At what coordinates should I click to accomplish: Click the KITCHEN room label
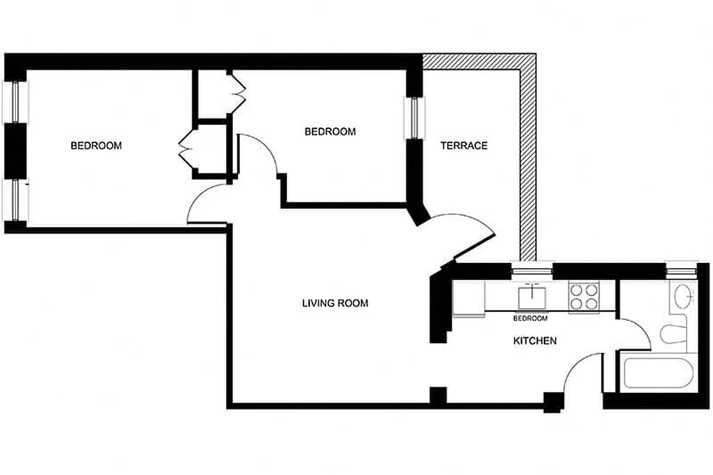(x=534, y=341)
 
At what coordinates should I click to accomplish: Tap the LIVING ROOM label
(x=335, y=303)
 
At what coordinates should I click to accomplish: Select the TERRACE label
(x=464, y=145)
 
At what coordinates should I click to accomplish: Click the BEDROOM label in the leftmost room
(x=96, y=145)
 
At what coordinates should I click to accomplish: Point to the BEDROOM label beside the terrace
(x=330, y=132)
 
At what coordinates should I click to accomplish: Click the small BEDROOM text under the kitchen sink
(x=530, y=319)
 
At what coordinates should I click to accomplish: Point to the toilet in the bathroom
(x=672, y=334)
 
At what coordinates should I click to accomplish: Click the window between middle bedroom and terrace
(x=413, y=117)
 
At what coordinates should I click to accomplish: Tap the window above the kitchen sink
(x=532, y=271)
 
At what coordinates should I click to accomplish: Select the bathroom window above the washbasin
(x=680, y=271)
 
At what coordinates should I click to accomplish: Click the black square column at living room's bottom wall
(x=438, y=395)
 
